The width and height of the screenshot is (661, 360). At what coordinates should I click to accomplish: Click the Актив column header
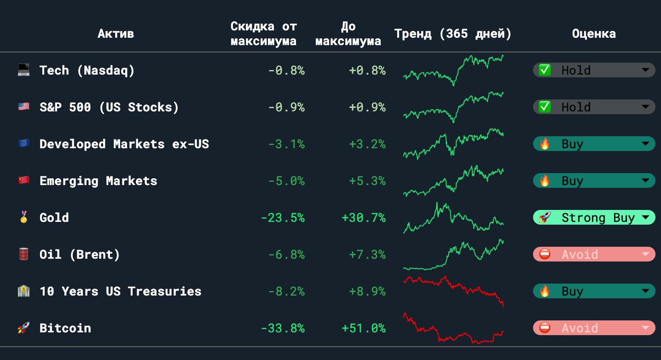tap(116, 34)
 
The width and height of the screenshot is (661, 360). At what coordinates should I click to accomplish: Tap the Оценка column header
tap(594, 34)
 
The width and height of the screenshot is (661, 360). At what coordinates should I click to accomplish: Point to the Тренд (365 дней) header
tap(452, 34)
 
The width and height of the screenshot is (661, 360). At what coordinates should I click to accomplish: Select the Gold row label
tap(54, 218)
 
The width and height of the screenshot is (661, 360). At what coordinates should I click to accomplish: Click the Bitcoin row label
tap(65, 328)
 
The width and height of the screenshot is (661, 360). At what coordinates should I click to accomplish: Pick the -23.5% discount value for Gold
tap(283, 218)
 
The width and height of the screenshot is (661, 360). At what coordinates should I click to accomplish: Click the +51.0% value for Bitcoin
tap(364, 328)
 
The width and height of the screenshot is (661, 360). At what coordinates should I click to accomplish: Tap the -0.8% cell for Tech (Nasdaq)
tap(286, 70)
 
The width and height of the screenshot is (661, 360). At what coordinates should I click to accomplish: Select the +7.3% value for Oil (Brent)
tap(367, 255)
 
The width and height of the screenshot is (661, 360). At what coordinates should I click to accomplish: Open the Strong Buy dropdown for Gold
tap(594, 217)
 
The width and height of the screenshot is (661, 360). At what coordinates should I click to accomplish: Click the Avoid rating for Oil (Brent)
tap(594, 255)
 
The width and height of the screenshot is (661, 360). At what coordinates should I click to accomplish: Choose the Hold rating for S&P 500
tap(594, 107)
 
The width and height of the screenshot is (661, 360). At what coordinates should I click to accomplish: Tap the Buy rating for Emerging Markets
tap(594, 180)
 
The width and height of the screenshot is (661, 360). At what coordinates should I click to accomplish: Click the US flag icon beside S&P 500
tap(23, 106)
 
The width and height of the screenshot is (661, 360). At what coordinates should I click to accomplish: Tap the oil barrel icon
tap(23, 254)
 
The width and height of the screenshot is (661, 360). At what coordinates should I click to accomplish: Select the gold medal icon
tap(23, 217)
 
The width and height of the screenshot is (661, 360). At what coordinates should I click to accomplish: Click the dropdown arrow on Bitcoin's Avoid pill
tap(645, 328)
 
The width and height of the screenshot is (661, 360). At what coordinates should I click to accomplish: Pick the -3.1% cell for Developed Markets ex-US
tap(286, 144)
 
